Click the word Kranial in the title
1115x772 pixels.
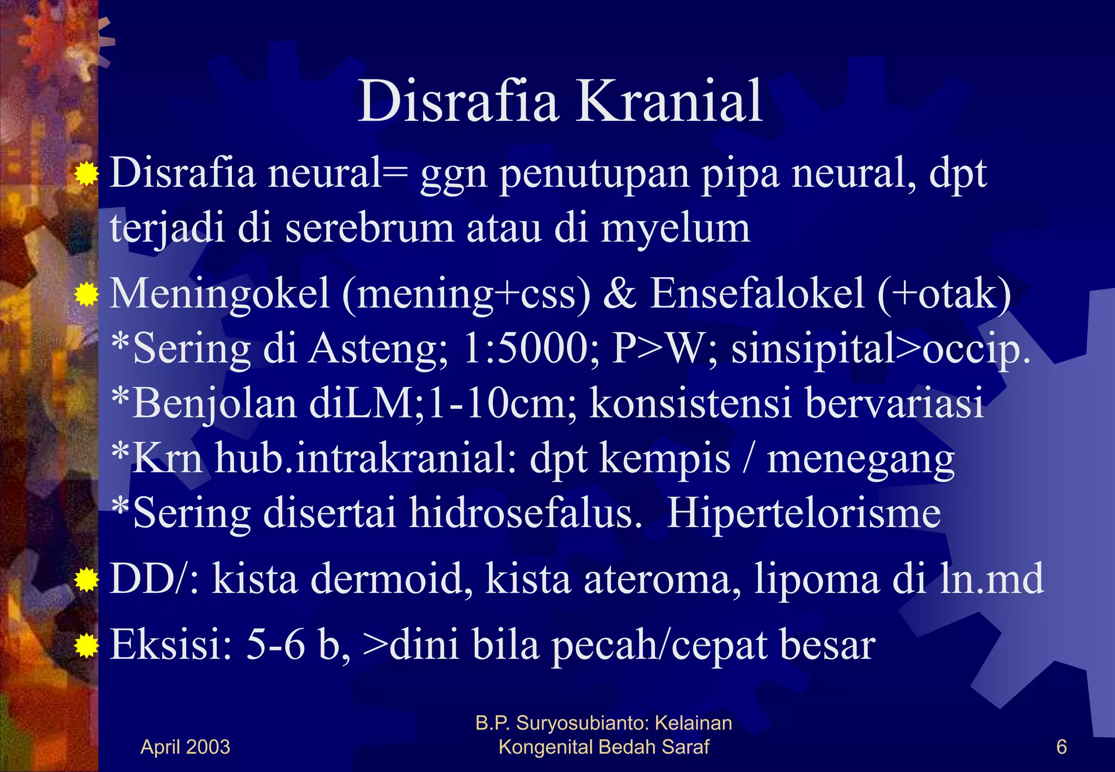[669, 102]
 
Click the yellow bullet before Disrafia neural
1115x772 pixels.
[86, 175]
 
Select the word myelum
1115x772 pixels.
[675, 229]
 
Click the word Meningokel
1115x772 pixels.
[220, 294]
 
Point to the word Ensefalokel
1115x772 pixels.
[757, 294]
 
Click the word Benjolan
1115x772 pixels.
[215, 404]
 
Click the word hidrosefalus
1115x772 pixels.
[525, 513]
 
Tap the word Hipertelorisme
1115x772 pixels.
[804, 513]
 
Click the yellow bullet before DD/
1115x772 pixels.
[86, 580]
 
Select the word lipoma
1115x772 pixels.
[816, 580]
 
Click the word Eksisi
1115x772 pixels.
[171, 645]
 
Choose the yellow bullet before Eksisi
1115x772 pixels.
[86, 646]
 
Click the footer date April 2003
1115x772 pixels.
[185, 747]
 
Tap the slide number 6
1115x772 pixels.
[1061, 747]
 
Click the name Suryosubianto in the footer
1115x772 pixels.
[582, 724]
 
